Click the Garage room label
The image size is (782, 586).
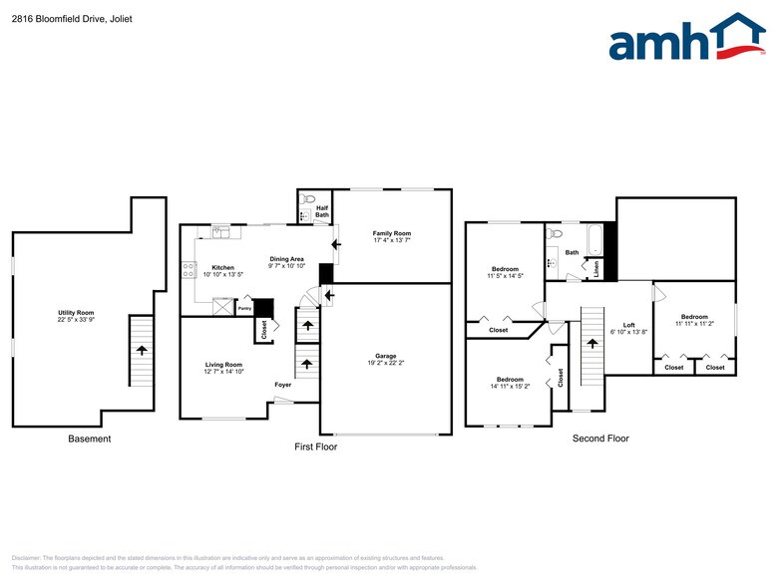pyautogui.click(x=385, y=356)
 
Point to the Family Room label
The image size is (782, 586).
pyautogui.click(x=391, y=233)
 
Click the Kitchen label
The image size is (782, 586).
pyautogui.click(x=222, y=267)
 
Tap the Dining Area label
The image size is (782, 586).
pyautogui.click(x=286, y=260)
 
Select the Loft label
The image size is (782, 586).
pyautogui.click(x=628, y=324)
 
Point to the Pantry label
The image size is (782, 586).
pyautogui.click(x=244, y=309)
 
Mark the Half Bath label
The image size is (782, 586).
pyautogui.click(x=322, y=211)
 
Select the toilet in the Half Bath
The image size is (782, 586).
pyautogui.click(x=308, y=198)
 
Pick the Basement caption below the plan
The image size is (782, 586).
pyautogui.click(x=89, y=439)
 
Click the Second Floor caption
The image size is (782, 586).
pyautogui.click(x=600, y=439)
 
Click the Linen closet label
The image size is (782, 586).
pyautogui.click(x=596, y=267)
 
